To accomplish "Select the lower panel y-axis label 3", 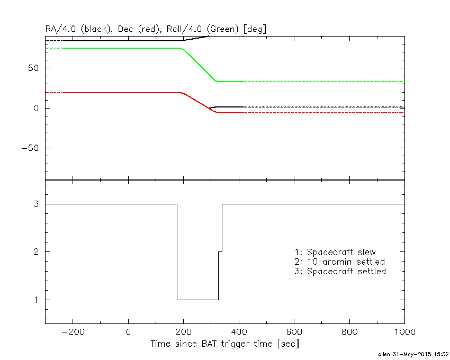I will coord(38,204).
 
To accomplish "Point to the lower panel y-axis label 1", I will coord(38,300).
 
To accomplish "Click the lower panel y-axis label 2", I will coord(38,252).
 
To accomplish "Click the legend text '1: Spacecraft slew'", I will coord(335,252).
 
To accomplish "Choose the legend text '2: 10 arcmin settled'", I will coord(339,262).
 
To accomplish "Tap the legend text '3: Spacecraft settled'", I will coord(340,272).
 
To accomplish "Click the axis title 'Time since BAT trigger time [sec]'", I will coord(224,344).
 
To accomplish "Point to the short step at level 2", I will coord(220,251).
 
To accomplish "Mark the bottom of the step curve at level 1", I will coord(197,300).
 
